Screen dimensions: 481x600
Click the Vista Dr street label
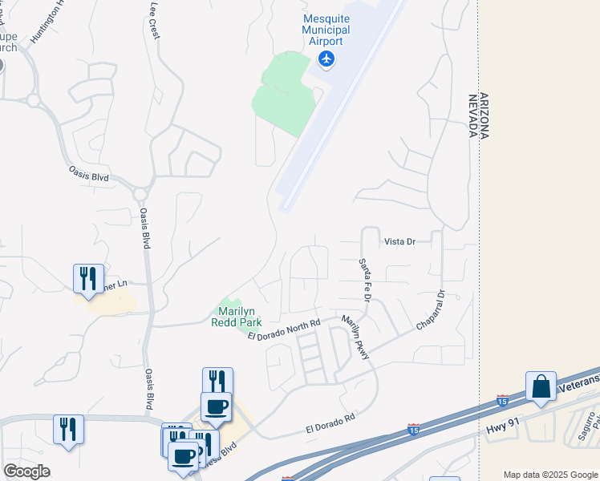(x=399, y=241)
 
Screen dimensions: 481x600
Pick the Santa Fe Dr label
(x=365, y=280)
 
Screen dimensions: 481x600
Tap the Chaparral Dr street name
(x=430, y=310)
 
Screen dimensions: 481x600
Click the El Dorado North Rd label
(x=284, y=329)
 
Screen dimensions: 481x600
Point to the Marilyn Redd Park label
(x=236, y=316)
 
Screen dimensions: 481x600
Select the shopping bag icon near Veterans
(x=541, y=386)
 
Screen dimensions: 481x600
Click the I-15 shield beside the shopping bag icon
(x=502, y=398)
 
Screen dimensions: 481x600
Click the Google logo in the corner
(x=26, y=471)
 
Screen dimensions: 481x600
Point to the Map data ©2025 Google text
(x=550, y=475)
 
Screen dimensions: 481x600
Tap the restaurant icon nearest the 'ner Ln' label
(x=88, y=278)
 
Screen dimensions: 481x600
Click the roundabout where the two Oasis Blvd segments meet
(x=140, y=193)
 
